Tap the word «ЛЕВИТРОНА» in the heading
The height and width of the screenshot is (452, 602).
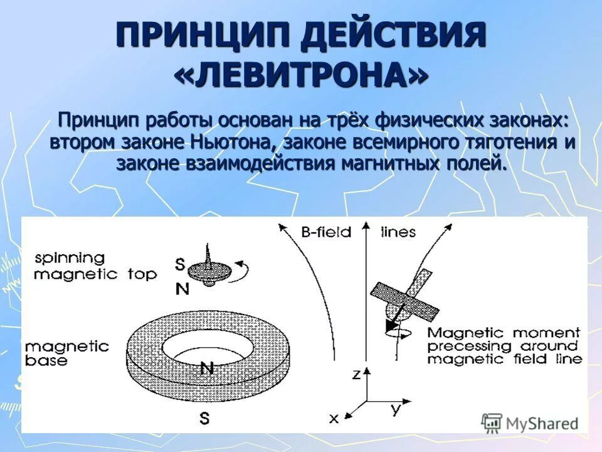[x=301, y=75]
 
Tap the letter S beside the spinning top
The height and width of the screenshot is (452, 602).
[x=180, y=265]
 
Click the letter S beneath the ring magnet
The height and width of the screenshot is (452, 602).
[x=204, y=418]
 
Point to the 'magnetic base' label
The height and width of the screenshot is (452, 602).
[x=67, y=353]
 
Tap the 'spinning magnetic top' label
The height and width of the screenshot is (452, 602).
[x=95, y=267]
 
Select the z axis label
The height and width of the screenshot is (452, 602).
[x=356, y=374]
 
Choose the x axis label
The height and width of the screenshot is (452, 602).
[x=334, y=417]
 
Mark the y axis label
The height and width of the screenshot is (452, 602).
[x=395, y=409]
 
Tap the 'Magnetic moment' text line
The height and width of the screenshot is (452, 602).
[x=504, y=333]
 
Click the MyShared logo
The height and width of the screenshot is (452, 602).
[x=530, y=422]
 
